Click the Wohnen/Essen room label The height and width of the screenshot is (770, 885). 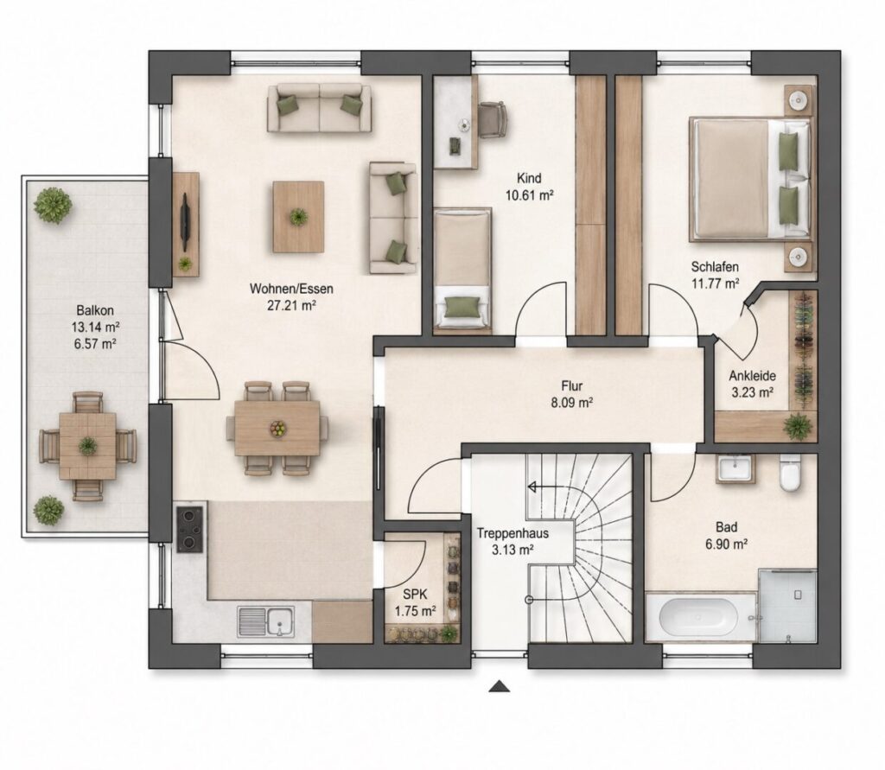[x=291, y=289]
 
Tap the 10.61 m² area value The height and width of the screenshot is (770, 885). [x=528, y=196]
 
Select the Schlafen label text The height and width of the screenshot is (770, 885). [x=715, y=267]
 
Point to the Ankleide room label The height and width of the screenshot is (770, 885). [x=752, y=376]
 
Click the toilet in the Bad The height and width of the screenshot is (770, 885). [x=790, y=473]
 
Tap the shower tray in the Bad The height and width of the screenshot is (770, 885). [x=787, y=606]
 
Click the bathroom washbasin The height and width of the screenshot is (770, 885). [x=735, y=468]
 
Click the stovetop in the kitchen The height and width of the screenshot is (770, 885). [x=189, y=529]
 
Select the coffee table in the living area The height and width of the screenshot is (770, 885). [x=298, y=217]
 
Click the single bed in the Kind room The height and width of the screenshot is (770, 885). [x=462, y=268]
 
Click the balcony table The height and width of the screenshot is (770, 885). [x=87, y=446]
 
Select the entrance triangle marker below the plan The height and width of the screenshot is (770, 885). [x=500, y=686]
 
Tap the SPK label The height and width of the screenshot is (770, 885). [x=415, y=594]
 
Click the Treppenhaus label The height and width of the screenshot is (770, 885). [x=513, y=533]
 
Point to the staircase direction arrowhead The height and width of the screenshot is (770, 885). [x=532, y=487]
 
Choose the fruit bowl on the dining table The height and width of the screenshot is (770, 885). [x=277, y=429]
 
